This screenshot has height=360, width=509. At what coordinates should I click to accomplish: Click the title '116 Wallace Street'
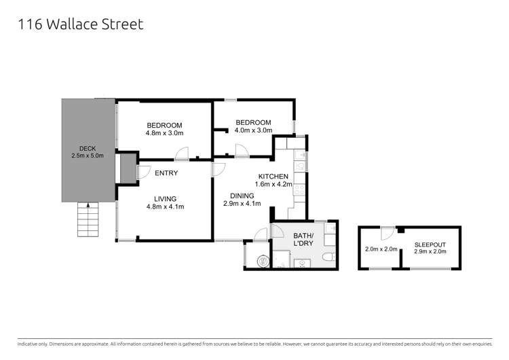pos(79,24)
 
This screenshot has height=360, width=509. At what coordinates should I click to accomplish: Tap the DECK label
pos(87,147)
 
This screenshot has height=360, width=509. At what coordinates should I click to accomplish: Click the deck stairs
pos(88,219)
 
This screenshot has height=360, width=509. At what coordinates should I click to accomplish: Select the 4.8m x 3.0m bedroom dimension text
pos(165,133)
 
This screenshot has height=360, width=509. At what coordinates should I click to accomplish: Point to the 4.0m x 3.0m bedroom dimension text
pos(253,130)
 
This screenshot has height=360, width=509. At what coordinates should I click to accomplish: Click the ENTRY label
pos(166,173)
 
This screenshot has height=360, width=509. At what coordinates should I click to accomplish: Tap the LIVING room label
pos(165,198)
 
